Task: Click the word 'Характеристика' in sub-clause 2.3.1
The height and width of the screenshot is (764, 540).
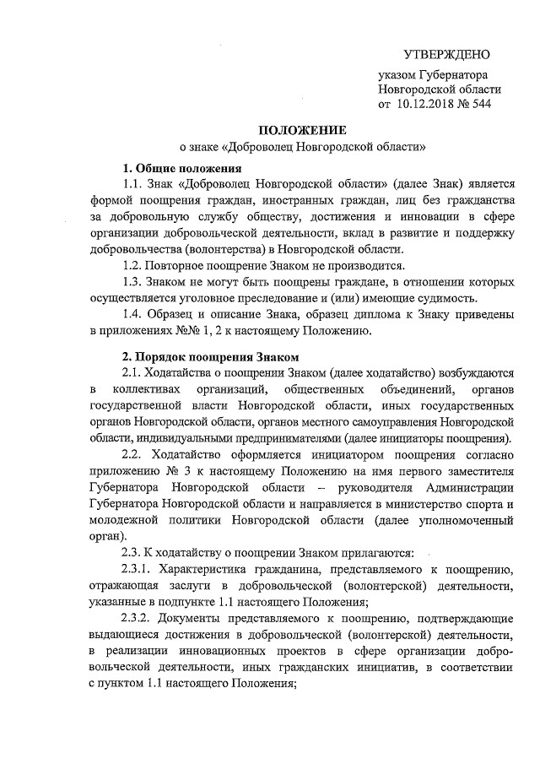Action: click(x=202, y=570)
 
